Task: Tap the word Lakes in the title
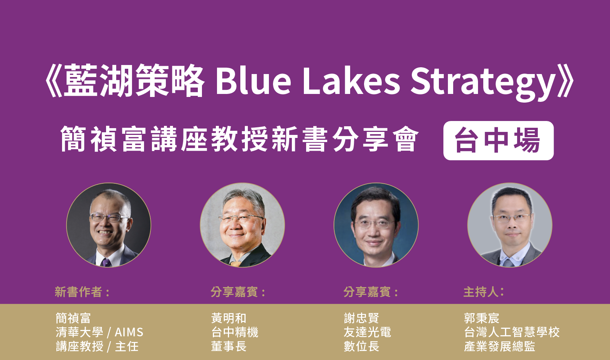(351, 82)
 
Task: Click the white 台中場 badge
(498, 141)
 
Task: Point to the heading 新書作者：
(82, 292)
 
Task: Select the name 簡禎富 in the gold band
(73, 318)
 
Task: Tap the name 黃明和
(229, 318)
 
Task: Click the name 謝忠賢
(361, 318)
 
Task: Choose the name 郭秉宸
(481, 318)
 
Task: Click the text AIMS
(129, 332)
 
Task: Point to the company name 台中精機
(235, 332)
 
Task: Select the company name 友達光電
(367, 332)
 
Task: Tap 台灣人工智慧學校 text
(512, 332)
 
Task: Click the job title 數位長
(361, 346)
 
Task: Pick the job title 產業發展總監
(500, 346)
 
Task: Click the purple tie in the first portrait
(106, 263)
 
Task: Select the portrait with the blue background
(376, 225)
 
